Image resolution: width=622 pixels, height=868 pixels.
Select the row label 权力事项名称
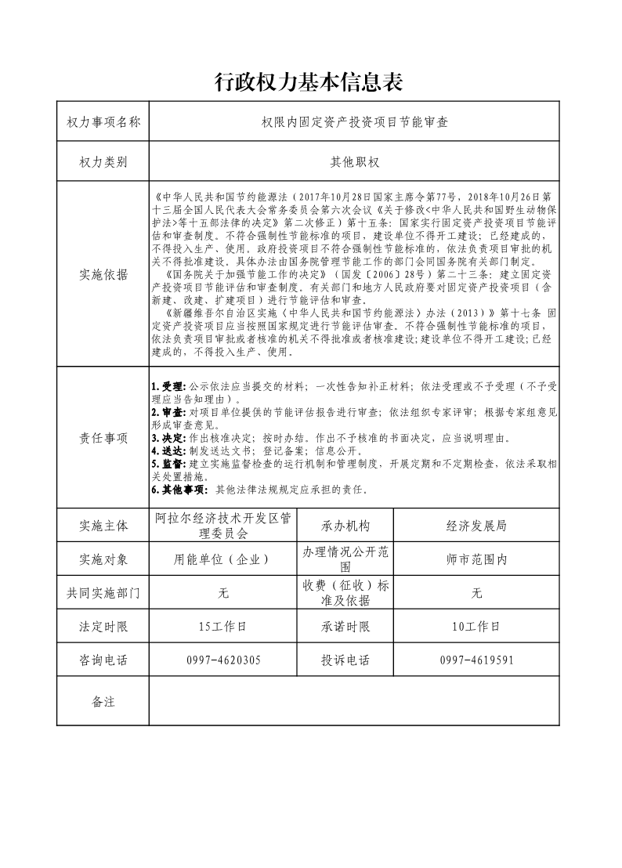tap(103, 121)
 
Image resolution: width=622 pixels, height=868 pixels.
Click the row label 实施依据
tap(103, 275)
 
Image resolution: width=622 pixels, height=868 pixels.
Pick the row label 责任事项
tap(103, 438)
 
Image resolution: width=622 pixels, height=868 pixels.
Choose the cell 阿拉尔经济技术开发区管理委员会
tap(223, 526)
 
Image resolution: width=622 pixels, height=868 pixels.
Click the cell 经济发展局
tap(476, 526)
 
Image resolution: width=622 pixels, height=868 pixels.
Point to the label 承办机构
tap(345, 526)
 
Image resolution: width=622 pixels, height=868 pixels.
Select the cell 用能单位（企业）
tap(223, 559)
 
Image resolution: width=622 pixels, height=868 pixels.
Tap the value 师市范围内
tap(476, 559)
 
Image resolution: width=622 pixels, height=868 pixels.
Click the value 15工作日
tap(223, 627)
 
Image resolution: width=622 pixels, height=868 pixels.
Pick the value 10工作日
tap(476, 627)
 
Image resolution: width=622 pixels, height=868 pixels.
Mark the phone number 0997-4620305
tap(223, 660)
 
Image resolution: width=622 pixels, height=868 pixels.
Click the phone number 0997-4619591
tap(476, 660)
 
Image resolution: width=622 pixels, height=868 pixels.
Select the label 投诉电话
tap(345, 660)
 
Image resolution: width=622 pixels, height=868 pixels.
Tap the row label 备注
tap(103, 701)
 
